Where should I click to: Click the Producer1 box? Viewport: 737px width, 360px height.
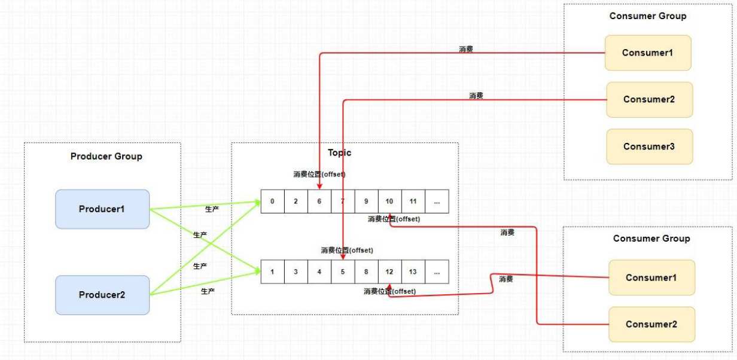pyautogui.click(x=102, y=209)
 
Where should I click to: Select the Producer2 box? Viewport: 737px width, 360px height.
pyautogui.click(x=102, y=295)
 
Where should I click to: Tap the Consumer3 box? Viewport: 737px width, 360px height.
pyautogui.click(x=649, y=147)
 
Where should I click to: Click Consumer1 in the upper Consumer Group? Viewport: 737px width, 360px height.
pyautogui.click(x=648, y=53)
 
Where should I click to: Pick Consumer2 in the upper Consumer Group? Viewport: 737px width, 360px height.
pyautogui.click(x=649, y=99)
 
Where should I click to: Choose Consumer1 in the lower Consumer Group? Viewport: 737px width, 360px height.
pyautogui.click(x=651, y=277)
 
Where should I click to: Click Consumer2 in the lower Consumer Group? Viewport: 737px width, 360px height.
pyautogui.click(x=651, y=324)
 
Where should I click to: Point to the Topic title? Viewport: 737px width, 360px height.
pyautogui.click(x=340, y=152)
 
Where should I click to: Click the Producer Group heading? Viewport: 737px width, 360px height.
pyautogui.click(x=106, y=157)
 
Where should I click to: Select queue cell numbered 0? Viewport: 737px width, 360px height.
pyautogui.click(x=272, y=202)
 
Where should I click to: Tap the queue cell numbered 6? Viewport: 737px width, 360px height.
pyautogui.click(x=319, y=202)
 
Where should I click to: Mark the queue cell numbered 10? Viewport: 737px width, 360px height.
pyautogui.click(x=389, y=202)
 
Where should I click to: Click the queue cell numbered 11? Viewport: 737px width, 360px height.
pyautogui.click(x=413, y=202)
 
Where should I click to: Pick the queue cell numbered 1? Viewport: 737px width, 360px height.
pyautogui.click(x=272, y=271)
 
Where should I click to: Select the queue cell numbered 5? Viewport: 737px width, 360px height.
pyautogui.click(x=343, y=271)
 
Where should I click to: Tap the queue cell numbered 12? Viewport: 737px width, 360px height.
pyautogui.click(x=389, y=271)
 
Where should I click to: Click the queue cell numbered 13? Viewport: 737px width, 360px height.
pyautogui.click(x=413, y=271)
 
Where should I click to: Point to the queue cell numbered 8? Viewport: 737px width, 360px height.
pyautogui.click(x=366, y=271)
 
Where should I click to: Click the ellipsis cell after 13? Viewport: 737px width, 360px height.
pyautogui.click(x=437, y=271)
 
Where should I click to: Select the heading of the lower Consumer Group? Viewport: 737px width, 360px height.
pyautogui.click(x=651, y=239)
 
